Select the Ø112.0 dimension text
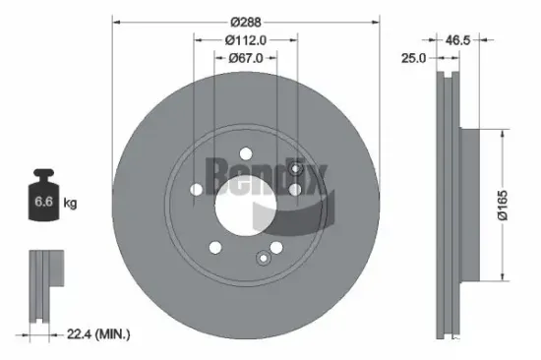tap(246, 40)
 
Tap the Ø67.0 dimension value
tap(246, 58)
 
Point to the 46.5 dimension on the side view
tap(456, 39)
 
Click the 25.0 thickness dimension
tap(413, 59)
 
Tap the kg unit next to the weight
tap(71, 204)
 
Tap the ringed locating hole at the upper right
tap(295, 169)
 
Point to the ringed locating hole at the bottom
tap(263, 259)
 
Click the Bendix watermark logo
tap(266, 182)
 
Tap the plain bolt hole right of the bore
tap(294, 191)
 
